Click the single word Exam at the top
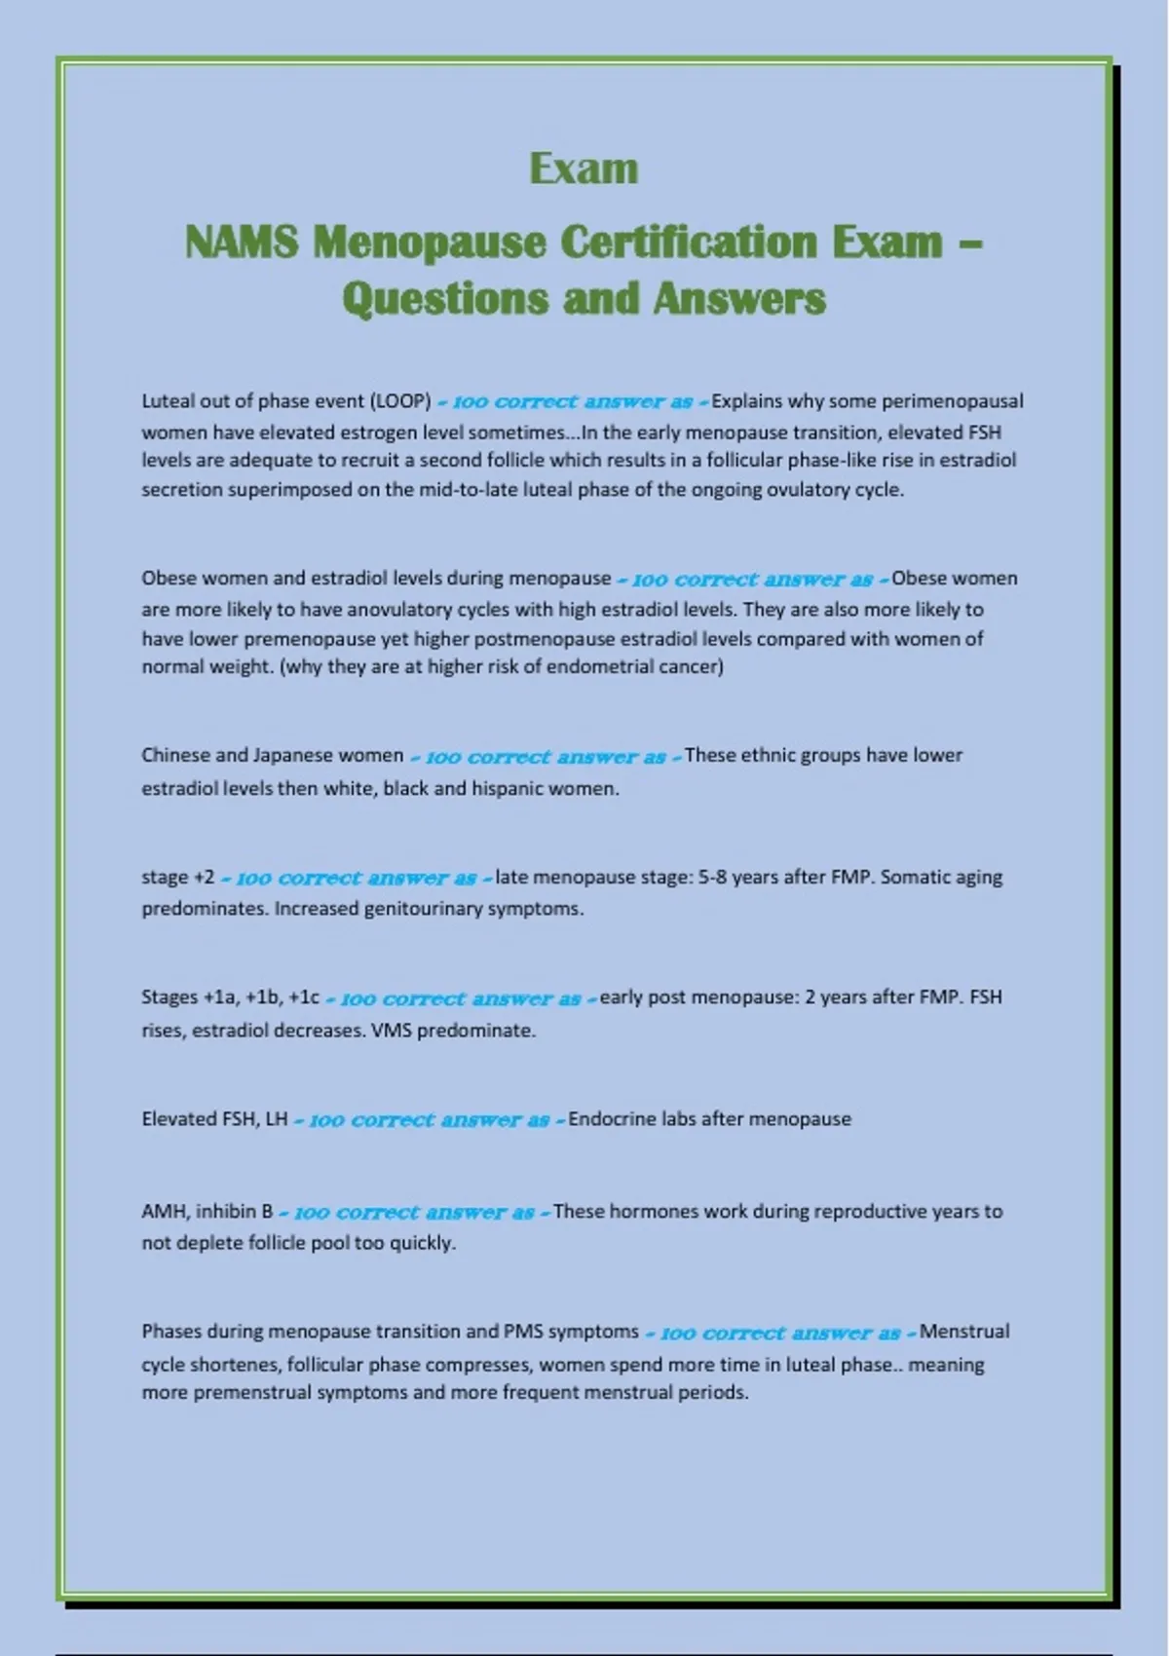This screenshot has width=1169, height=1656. [x=584, y=169]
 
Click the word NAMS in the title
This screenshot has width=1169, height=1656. [x=242, y=243]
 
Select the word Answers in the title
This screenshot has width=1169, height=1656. [x=739, y=299]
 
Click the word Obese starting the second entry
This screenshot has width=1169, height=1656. [x=169, y=579]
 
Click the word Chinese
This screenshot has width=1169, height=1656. [x=174, y=756]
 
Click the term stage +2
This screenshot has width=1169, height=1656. [x=178, y=877]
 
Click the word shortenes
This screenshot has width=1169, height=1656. [x=231, y=1365]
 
